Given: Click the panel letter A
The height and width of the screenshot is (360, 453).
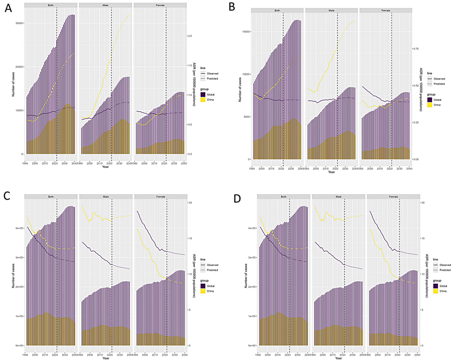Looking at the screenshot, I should [8, 10].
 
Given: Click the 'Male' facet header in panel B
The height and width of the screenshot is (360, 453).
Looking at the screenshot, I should [331, 10].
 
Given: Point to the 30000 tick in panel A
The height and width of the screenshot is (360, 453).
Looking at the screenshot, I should [19, 23].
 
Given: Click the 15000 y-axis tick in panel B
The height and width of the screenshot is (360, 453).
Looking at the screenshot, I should [245, 32].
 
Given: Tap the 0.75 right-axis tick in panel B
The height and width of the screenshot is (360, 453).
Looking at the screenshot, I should [415, 48].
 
